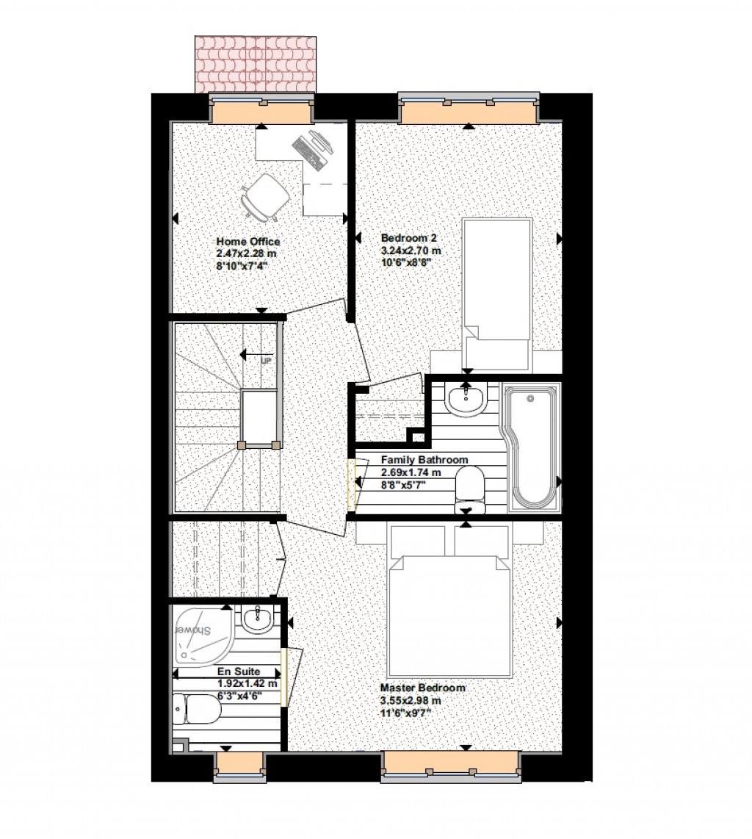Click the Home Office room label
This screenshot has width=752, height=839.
[x=247, y=242]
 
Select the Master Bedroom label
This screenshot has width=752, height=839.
[x=422, y=688]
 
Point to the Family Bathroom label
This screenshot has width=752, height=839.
[x=424, y=460]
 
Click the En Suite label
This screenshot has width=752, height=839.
[x=238, y=671]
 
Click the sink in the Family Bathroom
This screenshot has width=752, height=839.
[x=465, y=400]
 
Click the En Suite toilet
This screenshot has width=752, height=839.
[x=197, y=709]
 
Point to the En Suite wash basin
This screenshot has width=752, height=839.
[x=257, y=621]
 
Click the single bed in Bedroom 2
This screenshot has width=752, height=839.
[x=496, y=294]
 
